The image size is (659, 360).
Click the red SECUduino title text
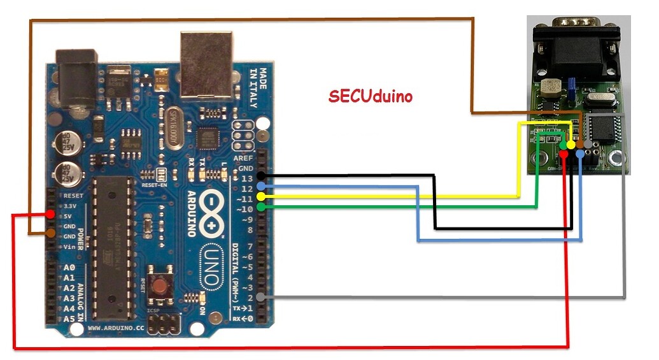pos(371,96)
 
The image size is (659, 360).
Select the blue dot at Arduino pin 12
pos(260,187)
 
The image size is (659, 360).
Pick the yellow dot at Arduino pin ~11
pos(260,197)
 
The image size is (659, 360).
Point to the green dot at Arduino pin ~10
pos(260,207)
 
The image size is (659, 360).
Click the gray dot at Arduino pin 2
pos(260,297)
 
